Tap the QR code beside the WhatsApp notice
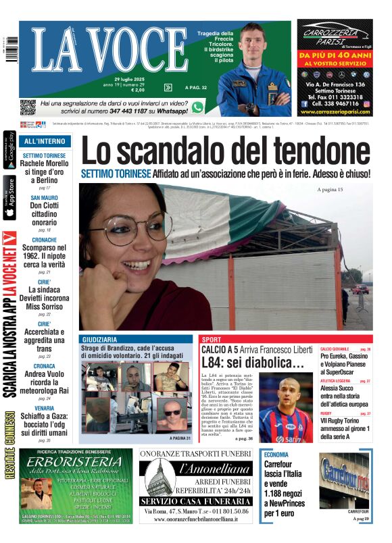click(28, 107)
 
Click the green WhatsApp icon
click(197, 107)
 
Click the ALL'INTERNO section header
click(45, 141)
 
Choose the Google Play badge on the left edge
click(9, 151)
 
